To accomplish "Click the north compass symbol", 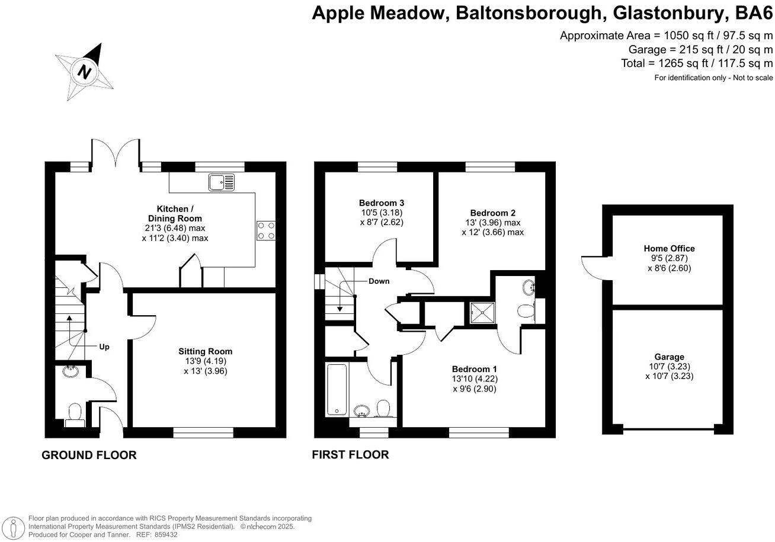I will pyautogui.click(x=85, y=71).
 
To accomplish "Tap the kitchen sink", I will pyautogui.click(x=221, y=182).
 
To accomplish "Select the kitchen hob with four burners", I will pyautogui.click(x=267, y=230).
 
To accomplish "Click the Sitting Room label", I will pyautogui.click(x=205, y=351).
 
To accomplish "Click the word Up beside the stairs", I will pyautogui.click(x=104, y=347).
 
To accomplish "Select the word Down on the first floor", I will pyautogui.click(x=379, y=281).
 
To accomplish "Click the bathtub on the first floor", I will pyautogui.click(x=337, y=389).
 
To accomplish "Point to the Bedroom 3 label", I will pyautogui.click(x=382, y=203).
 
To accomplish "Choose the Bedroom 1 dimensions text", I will pyautogui.click(x=474, y=384).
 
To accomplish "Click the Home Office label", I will pyautogui.click(x=669, y=248).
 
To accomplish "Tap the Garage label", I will pyautogui.click(x=670, y=357).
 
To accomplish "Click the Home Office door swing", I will pyautogui.click(x=591, y=267).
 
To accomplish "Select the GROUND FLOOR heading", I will pyautogui.click(x=89, y=455).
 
